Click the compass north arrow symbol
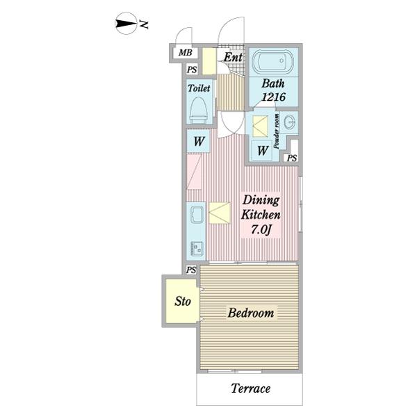126,24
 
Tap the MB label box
186,53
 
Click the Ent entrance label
233,57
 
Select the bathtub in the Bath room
273,61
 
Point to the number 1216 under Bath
274,97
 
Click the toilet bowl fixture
198,110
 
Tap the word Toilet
199,88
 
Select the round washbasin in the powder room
289,122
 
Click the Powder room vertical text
277,131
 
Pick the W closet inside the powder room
262,151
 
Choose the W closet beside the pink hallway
199,141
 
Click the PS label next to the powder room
292,158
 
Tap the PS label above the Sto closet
191,270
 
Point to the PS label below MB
192,69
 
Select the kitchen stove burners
197,248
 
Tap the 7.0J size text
261,229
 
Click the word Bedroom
251,313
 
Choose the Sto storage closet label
183,302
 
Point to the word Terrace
250,389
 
